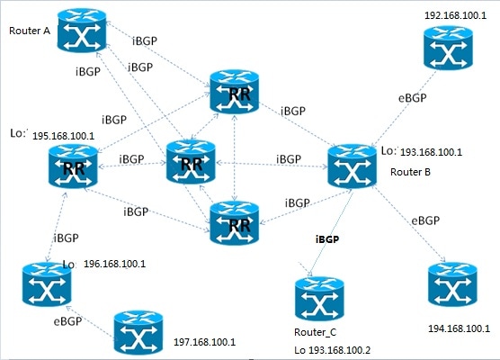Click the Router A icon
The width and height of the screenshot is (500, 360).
(x=82, y=31)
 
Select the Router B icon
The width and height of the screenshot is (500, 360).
(x=352, y=166)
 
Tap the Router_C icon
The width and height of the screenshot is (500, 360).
(x=319, y=299)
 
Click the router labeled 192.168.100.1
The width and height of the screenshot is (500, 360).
(x=448, y=48)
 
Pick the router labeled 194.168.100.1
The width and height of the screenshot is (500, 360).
(x=452, y=284)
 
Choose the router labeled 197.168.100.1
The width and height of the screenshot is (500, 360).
(x=138, y=333)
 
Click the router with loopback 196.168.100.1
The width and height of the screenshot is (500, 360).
(x=47, y=284)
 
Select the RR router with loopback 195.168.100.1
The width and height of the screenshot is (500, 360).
(x=73, y=166)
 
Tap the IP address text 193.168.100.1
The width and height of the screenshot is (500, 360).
(x=431, y=152)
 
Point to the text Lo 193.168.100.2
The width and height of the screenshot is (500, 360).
(x=332, y=350)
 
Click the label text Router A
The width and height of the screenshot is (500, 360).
(x=30, y=31)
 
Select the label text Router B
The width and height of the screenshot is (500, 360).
(x=410, y=172)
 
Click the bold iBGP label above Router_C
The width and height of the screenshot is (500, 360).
(x=327, y=239)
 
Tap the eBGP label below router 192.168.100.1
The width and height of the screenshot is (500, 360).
(x=412, y=98)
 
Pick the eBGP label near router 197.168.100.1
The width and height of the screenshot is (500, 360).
(x=67, y=321)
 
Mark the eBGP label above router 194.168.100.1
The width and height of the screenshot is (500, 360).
(x=425, y=220)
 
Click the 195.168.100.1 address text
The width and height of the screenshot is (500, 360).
(x=64, y=136)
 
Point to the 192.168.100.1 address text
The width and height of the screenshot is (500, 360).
(x=456, y=15)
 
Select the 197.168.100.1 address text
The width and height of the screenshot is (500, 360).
(x=205, y=342)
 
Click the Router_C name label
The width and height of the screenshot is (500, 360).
(x=315, y=332)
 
